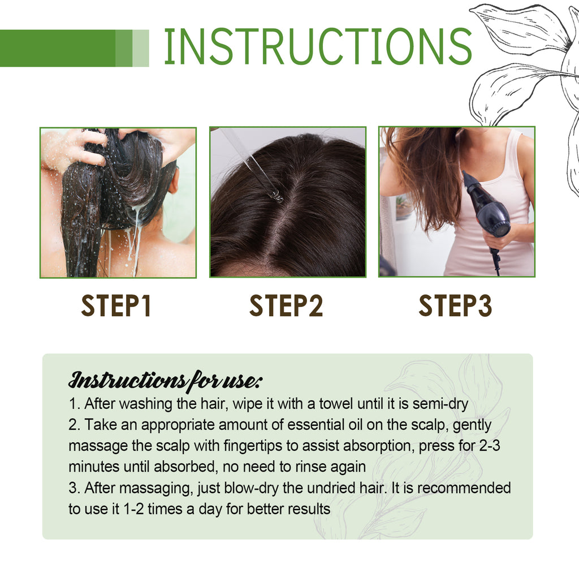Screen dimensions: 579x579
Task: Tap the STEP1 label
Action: pos(116,306)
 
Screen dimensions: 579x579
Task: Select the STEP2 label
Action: pos(286,306)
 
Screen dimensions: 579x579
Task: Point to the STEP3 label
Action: pos(455,306)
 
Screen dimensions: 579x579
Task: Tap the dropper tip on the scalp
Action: pos(276,197)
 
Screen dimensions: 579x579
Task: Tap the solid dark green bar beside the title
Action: pos(57,48)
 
